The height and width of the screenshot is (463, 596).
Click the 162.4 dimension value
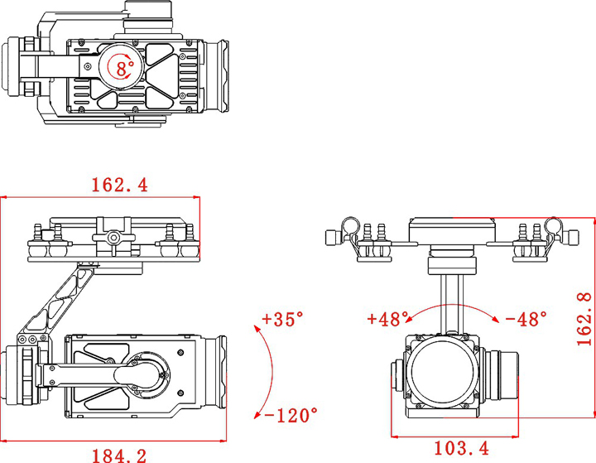[119, 185]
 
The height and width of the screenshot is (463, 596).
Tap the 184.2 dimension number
[119, 456]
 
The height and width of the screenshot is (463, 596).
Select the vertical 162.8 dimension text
[584, 319]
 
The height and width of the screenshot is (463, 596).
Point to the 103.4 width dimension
[461, 448]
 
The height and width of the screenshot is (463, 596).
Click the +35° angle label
[283, 319]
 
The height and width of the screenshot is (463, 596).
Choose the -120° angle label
[291, 415]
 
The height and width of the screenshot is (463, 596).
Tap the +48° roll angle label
[387, 319]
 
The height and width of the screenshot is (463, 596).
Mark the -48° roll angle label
[526, 319]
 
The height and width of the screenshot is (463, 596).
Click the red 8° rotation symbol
[121, 67]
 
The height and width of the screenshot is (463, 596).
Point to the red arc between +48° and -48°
[452, 304]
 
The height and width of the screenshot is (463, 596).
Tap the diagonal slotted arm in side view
[57, 301]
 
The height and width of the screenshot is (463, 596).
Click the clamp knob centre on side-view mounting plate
[113, 238]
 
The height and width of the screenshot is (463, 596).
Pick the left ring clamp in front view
[350, 226]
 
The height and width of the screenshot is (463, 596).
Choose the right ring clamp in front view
[554, 226]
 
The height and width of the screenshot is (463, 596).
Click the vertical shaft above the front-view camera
[452, 303]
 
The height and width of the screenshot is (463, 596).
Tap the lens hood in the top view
[217, 76]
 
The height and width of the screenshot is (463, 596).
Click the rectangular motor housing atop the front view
[452, 230]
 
